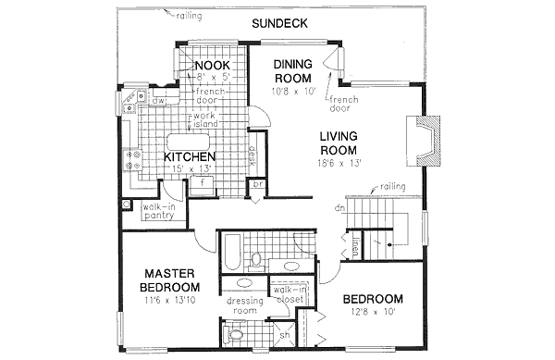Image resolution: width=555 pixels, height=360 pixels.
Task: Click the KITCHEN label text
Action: coord(191,157)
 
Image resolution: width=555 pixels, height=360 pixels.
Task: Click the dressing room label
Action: coord(246,306)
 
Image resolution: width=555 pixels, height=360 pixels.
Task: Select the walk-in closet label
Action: coord(290,296)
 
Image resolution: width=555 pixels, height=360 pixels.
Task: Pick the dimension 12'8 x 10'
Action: coord(374,313)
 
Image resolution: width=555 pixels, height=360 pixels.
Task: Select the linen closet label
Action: coord(356,247)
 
